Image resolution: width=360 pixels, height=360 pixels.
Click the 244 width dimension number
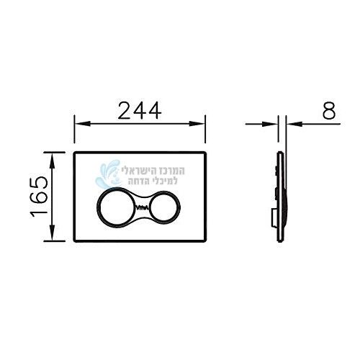[140, 111]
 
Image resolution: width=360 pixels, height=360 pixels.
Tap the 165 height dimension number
[40, 197]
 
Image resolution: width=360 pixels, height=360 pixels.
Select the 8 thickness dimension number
[328, 111]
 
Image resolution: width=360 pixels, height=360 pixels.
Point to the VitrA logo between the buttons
[141, 207]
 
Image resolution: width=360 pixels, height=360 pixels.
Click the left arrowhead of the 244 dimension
[83, 124]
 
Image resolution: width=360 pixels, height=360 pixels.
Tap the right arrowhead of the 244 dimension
[197, 124]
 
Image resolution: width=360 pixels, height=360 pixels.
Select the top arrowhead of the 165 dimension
[53, 161]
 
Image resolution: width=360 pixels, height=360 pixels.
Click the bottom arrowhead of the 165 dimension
[53, 233]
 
